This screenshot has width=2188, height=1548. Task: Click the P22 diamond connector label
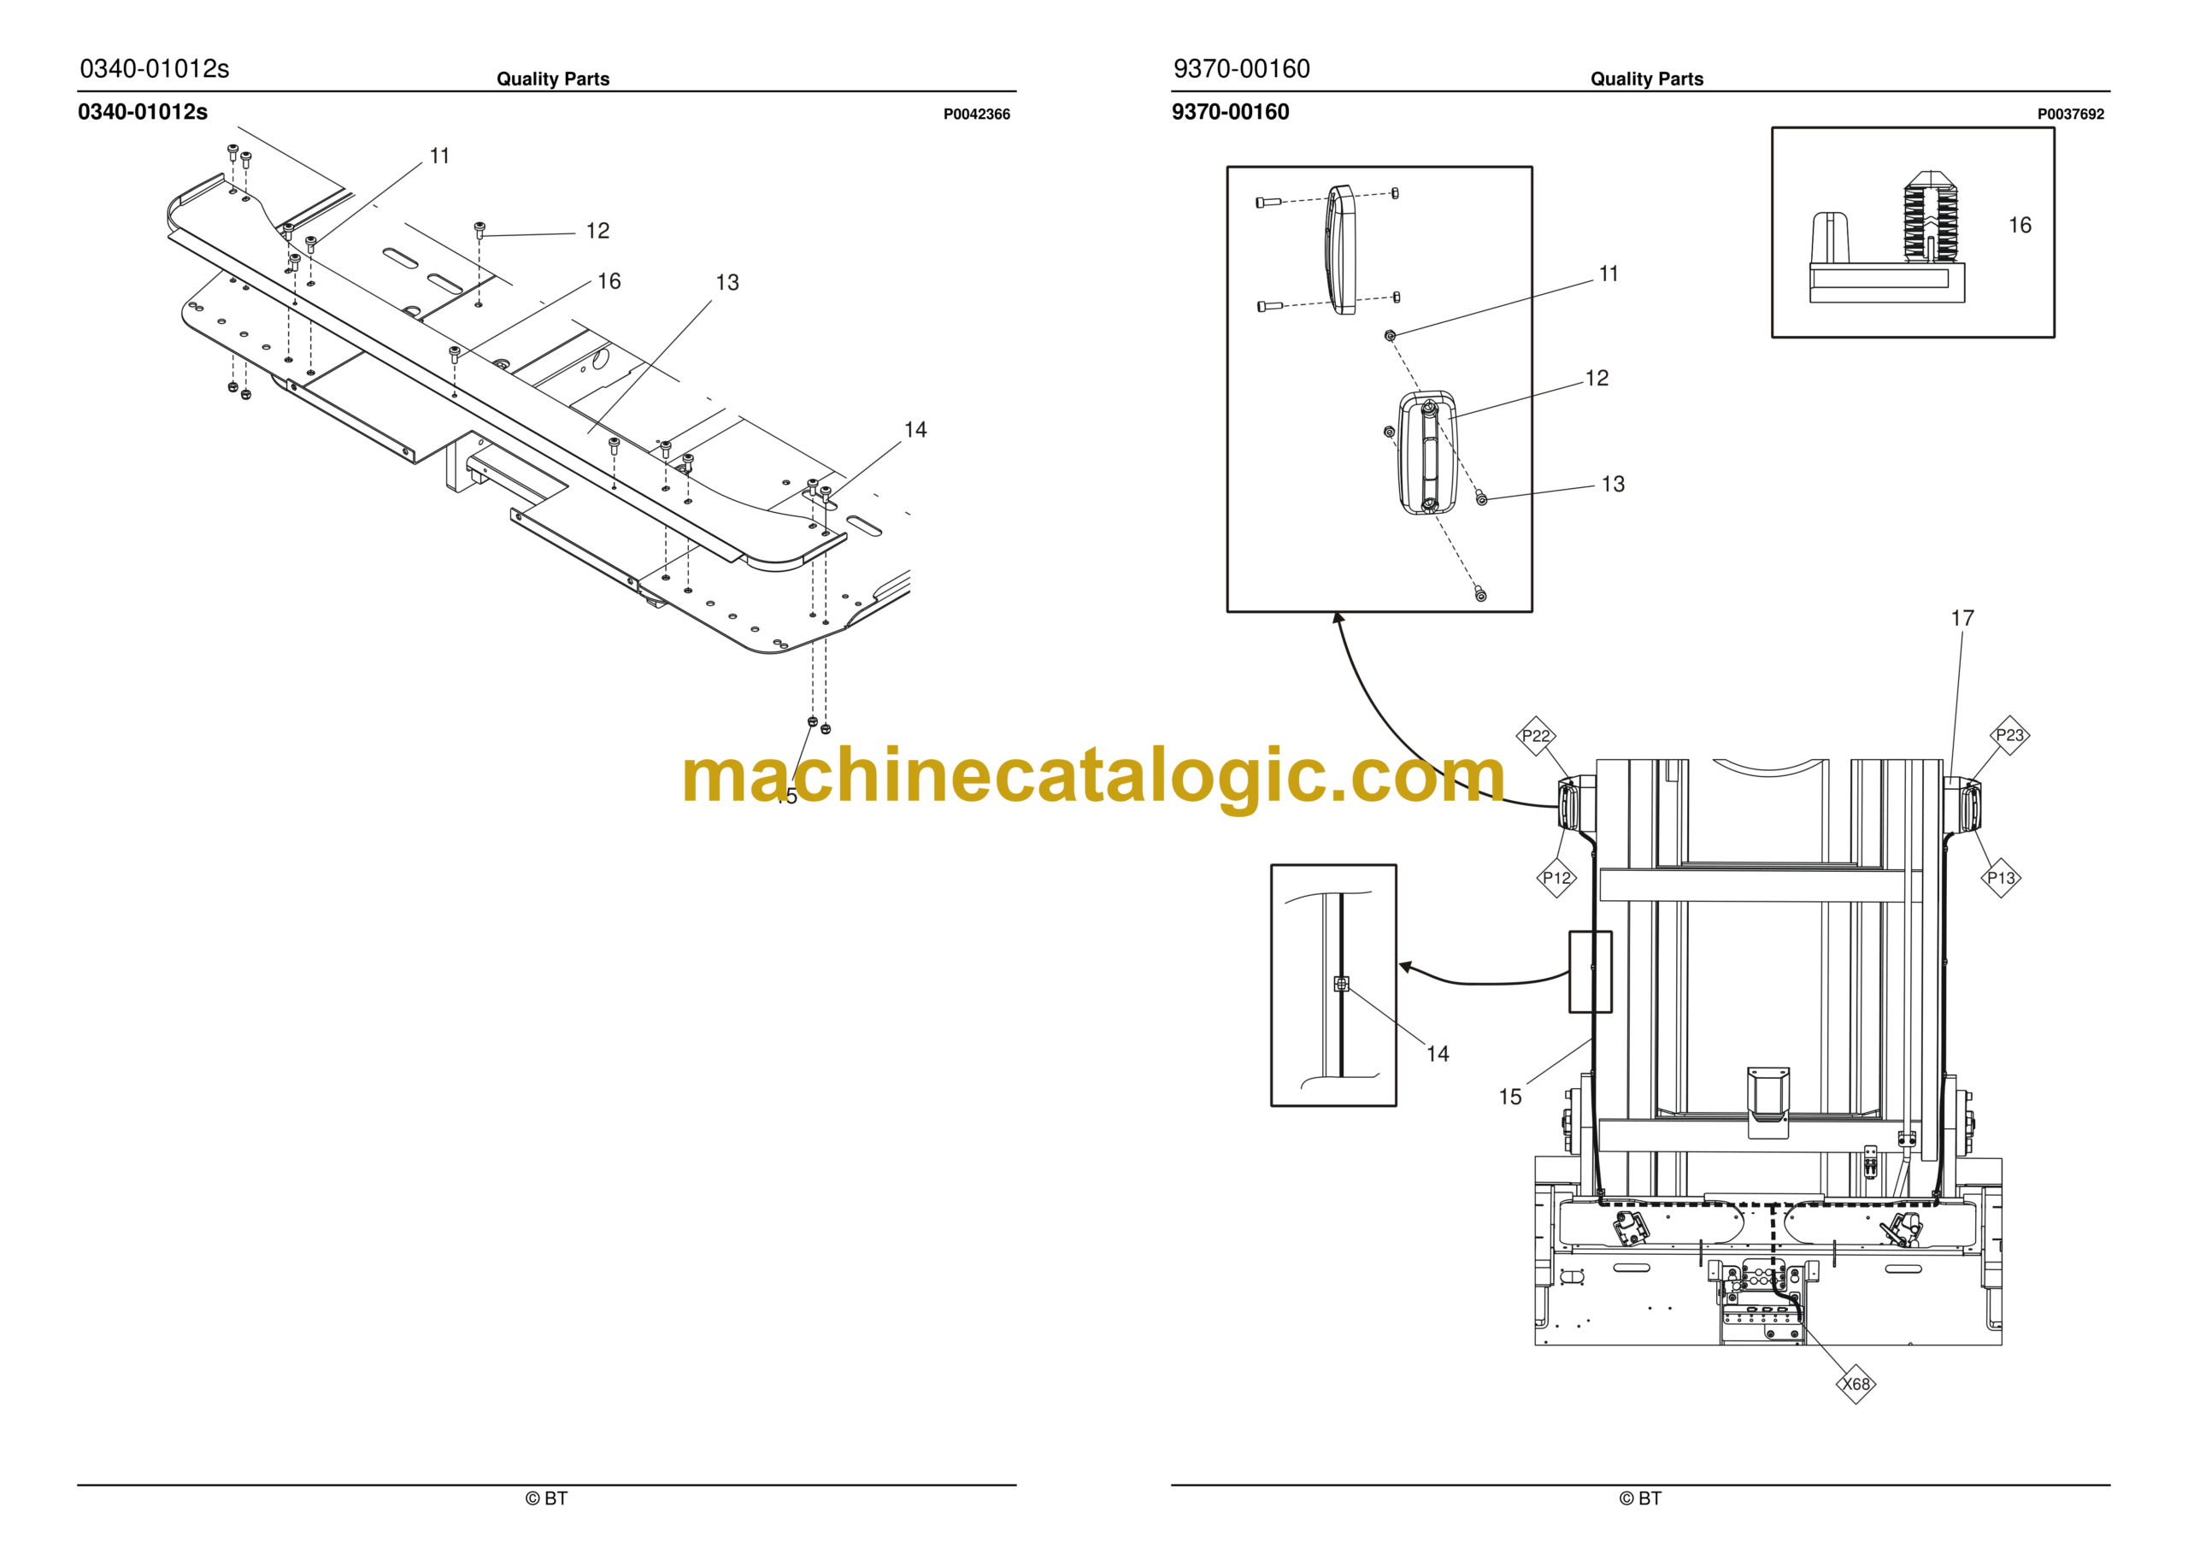tap(1536, 736)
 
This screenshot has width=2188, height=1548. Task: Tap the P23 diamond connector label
tap(2009, 735)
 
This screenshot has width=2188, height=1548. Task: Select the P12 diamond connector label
tap(1557, 878)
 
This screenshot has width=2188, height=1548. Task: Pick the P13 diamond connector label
tap(2001, 878)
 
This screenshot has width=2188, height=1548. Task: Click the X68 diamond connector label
tap(1856, 1384)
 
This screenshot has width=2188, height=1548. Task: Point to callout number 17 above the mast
tap(1962, 618)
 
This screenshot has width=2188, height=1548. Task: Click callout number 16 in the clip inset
tap(2020, 225)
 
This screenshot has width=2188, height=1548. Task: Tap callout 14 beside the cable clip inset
tap(1437, 1053)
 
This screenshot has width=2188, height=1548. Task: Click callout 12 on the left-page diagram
tap(597, 231)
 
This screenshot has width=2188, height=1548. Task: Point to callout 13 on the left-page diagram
tap(727, 282)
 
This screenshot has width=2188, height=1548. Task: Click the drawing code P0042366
tap(977, 115)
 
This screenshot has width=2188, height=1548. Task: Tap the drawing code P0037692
tap(2071, 115)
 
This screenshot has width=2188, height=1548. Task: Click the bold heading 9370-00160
tap(1230, 111)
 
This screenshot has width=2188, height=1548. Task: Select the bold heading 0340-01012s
tap(143, 111)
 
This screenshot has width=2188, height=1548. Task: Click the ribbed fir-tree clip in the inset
tap(1931, 217)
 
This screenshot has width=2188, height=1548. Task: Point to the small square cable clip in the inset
tap(1341, 984)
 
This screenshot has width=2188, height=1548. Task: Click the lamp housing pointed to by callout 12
tap(1426, 453)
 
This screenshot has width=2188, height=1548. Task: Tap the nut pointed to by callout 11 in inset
tap(1390, 336)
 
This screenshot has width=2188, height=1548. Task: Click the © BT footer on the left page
tap(546, 1498)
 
